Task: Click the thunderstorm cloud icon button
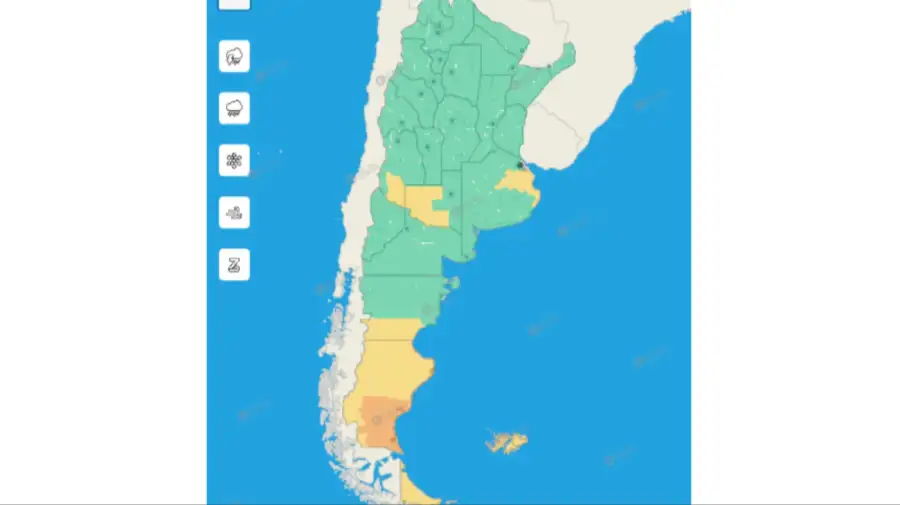234,56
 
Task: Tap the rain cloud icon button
234,108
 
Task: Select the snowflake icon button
234,160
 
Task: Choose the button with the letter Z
234,264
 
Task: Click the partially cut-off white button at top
234,3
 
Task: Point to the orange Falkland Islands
506,442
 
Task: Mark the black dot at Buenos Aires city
519,165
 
